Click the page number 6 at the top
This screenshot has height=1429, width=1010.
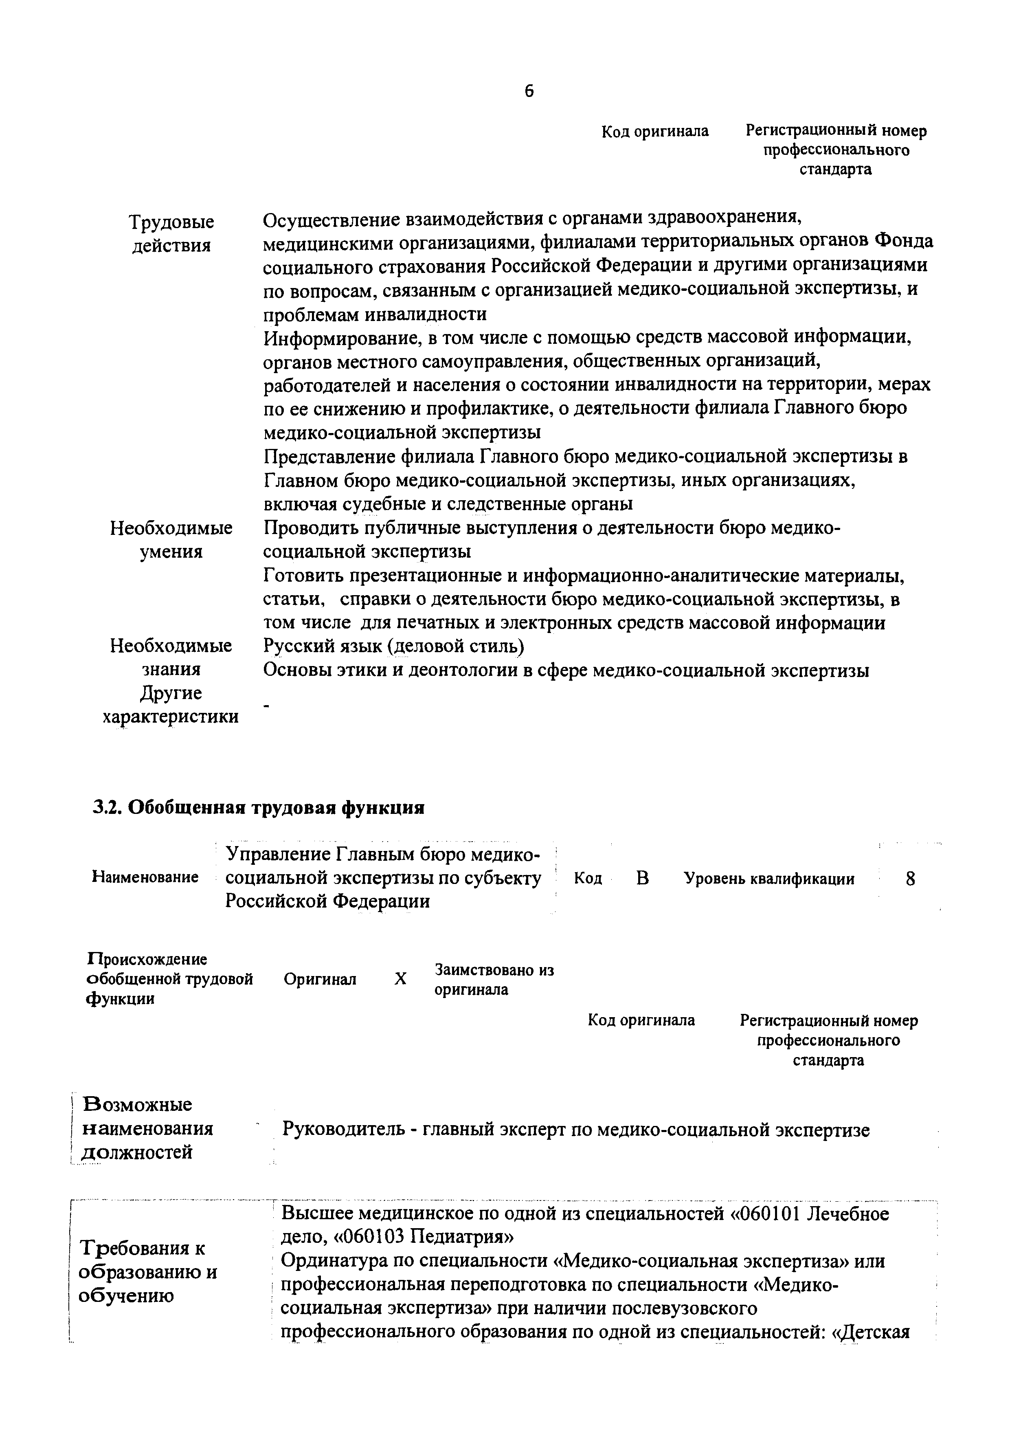[529, 92]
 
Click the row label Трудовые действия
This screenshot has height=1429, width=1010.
[171, 233]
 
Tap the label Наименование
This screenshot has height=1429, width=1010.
[145, 877]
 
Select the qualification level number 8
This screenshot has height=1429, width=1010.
[911, 879]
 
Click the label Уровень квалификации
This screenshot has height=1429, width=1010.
[769, 879]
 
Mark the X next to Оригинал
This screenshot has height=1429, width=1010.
[401, 979]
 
